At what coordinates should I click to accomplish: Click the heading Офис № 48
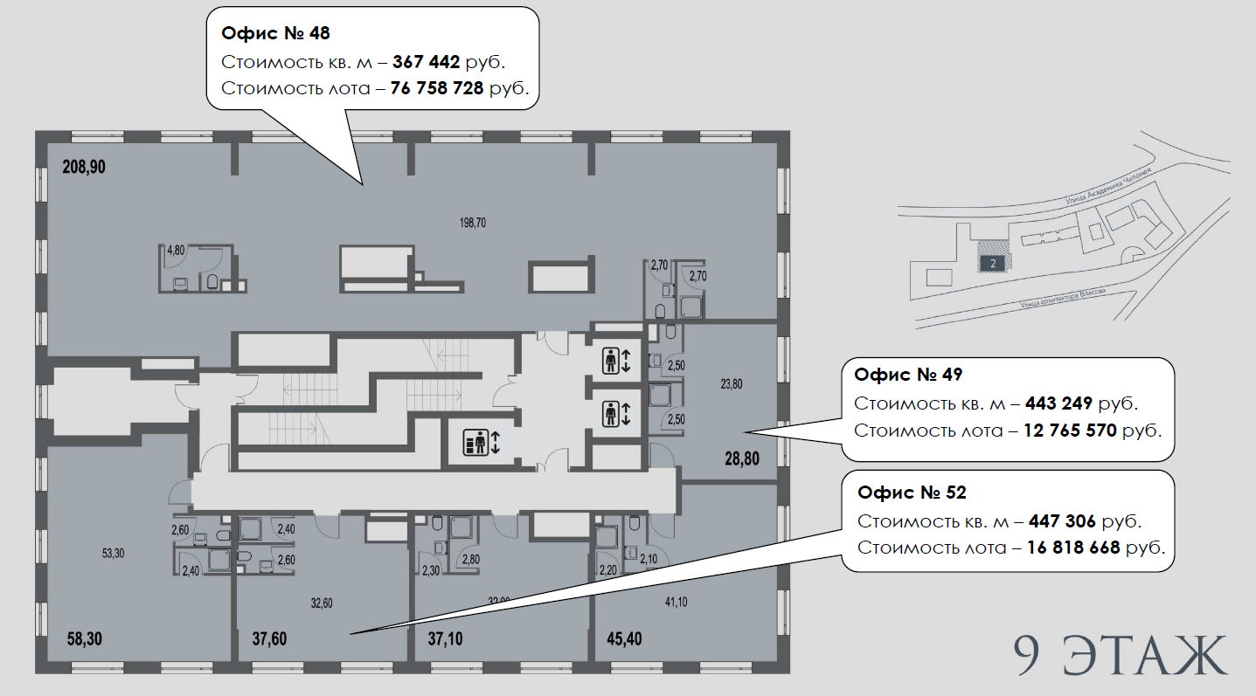(275, 34)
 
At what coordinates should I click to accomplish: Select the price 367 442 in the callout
(426, 62)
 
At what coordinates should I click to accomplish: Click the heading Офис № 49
(908, 375)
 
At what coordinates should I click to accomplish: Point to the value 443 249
(1058, 403)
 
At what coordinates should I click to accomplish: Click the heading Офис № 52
(912, 493)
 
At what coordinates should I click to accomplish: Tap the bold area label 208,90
(84, 167)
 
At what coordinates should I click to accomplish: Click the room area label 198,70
(473, 224)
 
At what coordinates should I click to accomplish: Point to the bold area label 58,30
(85, 639)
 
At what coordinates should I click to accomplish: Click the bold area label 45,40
(624, 639)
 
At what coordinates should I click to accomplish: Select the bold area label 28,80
(741, 458)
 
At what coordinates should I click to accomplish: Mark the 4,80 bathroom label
(176, 250)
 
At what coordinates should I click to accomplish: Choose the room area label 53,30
(114, 553)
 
